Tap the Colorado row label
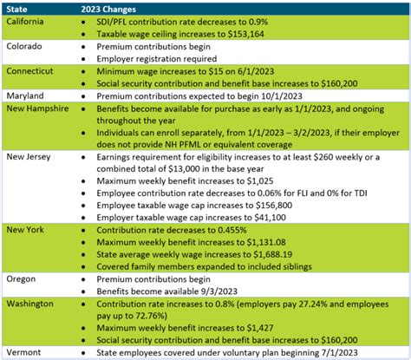click(26, 44)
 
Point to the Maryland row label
click(27, 95)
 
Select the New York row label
click(28, 229)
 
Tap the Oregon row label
click(23, 279)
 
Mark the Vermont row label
click(25, 351)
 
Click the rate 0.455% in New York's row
click(233, 232)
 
